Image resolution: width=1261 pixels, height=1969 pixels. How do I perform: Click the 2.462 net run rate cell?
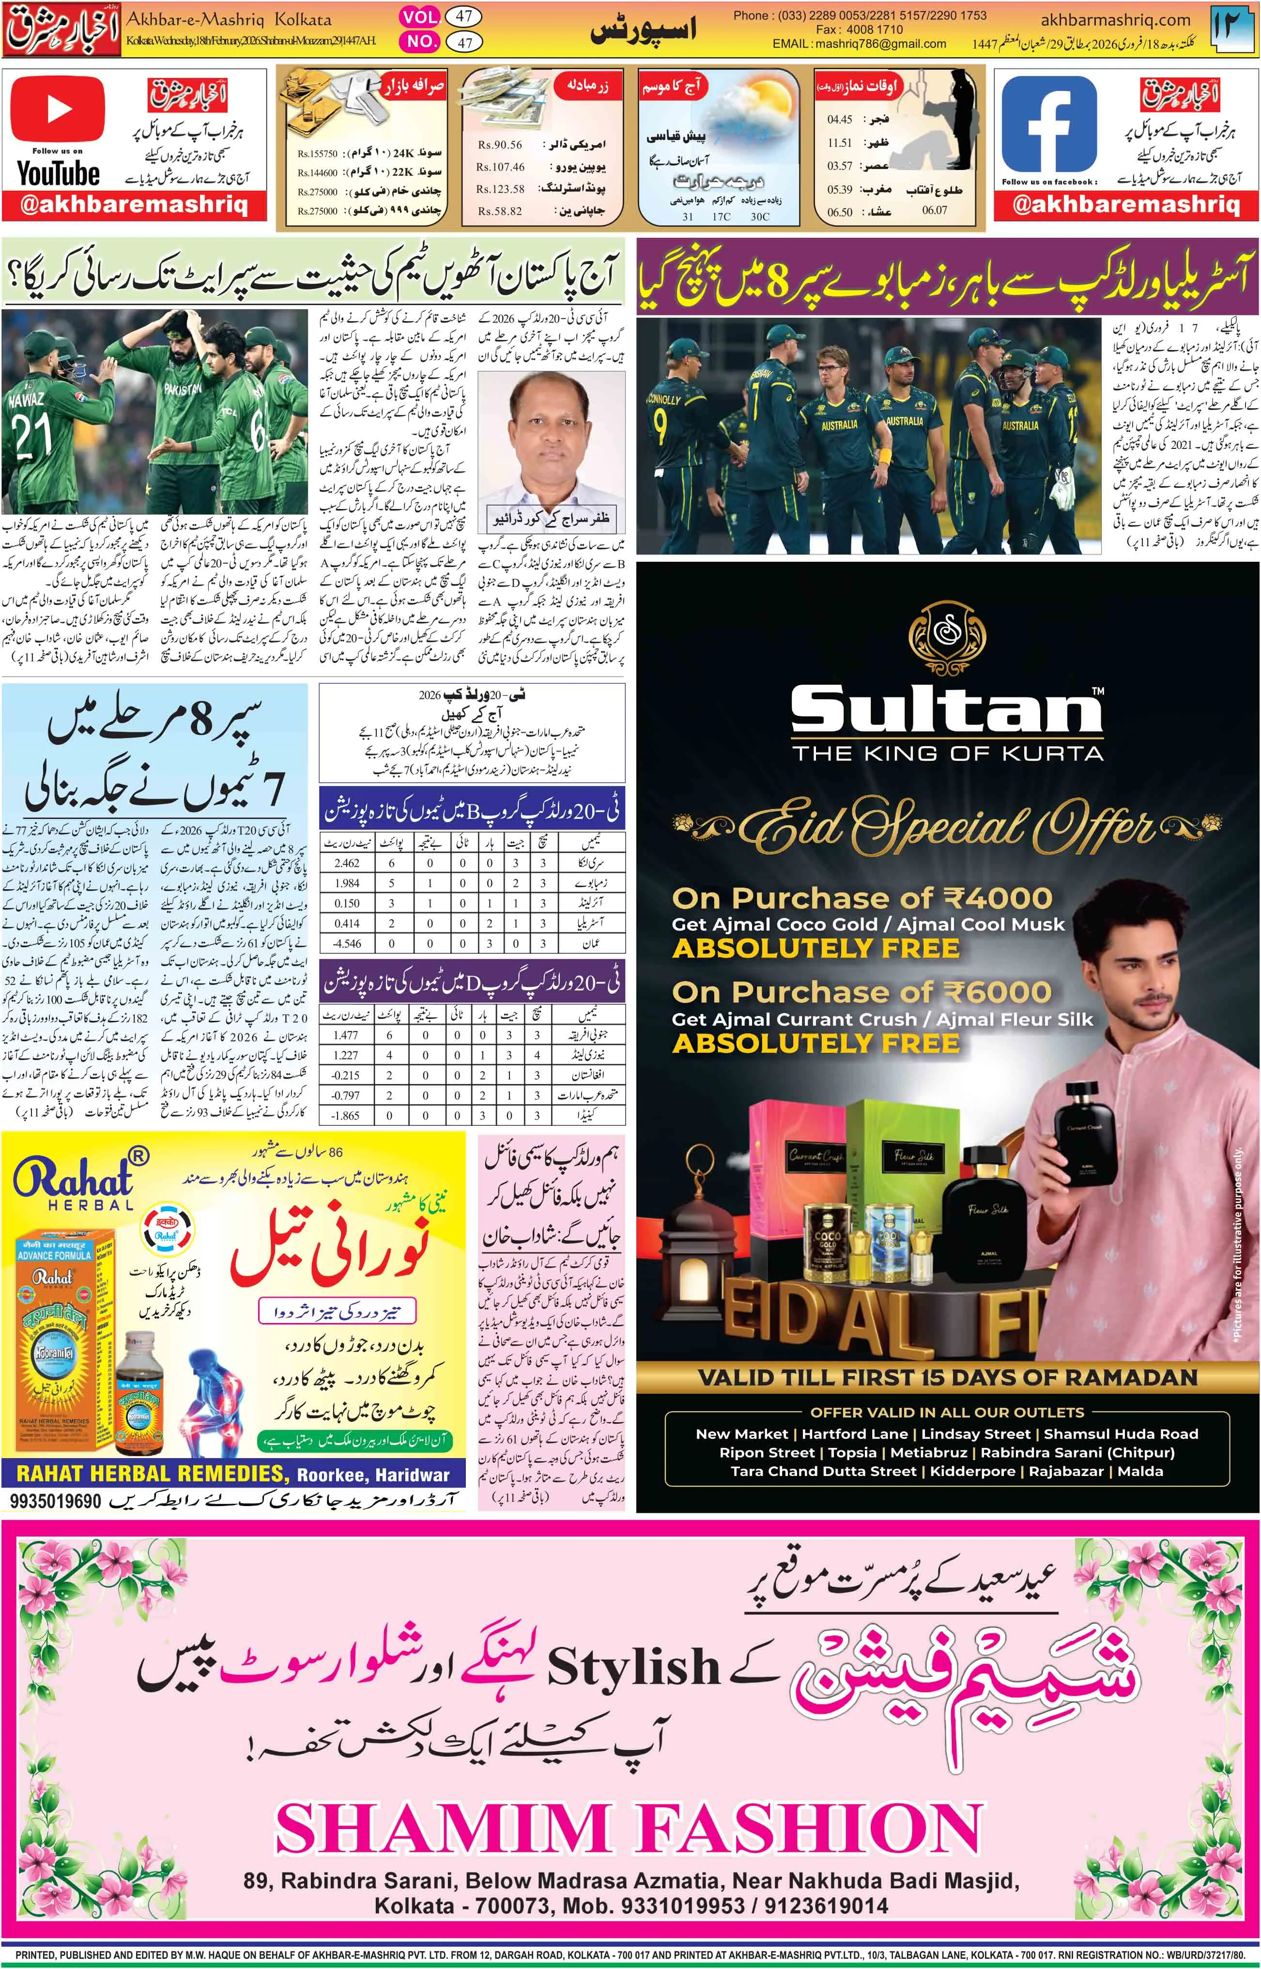pyautogui.click(x=346, y=863)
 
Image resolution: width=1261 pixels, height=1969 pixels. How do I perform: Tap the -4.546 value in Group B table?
pyautogui.click(x=346, y=943)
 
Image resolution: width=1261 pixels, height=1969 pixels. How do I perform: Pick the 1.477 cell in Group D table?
pyautogui.click(x=346, y=1035)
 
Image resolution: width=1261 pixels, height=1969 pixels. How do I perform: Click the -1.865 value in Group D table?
pyautogui.click(x=346, y=1115)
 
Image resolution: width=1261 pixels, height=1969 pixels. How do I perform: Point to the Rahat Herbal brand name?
pyautogui.click(x=74, y=1179)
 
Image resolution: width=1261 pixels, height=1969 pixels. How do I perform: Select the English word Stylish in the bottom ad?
pyautogui.click(x=633, y=1666)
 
